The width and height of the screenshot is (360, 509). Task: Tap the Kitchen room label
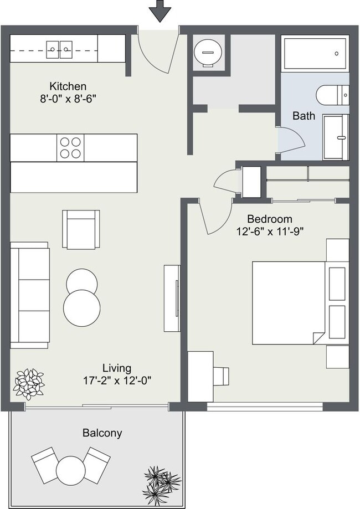(68, 86)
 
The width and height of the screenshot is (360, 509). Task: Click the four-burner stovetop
(70, 148)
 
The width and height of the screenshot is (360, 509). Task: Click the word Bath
(304, 116)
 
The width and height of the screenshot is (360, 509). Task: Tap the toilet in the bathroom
(333, 95)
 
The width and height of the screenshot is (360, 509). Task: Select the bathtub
(315, 54)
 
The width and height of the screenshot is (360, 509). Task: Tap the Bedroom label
(269, 219)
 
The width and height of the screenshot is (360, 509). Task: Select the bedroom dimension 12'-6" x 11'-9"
(269, 232)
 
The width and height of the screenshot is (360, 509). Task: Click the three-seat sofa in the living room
(30, 295)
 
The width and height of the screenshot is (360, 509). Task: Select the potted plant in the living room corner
(29, 384)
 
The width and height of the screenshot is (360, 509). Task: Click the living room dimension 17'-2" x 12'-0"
(117, 381)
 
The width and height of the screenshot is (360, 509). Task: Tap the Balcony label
(102, 433)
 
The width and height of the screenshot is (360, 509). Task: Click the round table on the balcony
(70, 470)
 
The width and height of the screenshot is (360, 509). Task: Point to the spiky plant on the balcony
(161, 481)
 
